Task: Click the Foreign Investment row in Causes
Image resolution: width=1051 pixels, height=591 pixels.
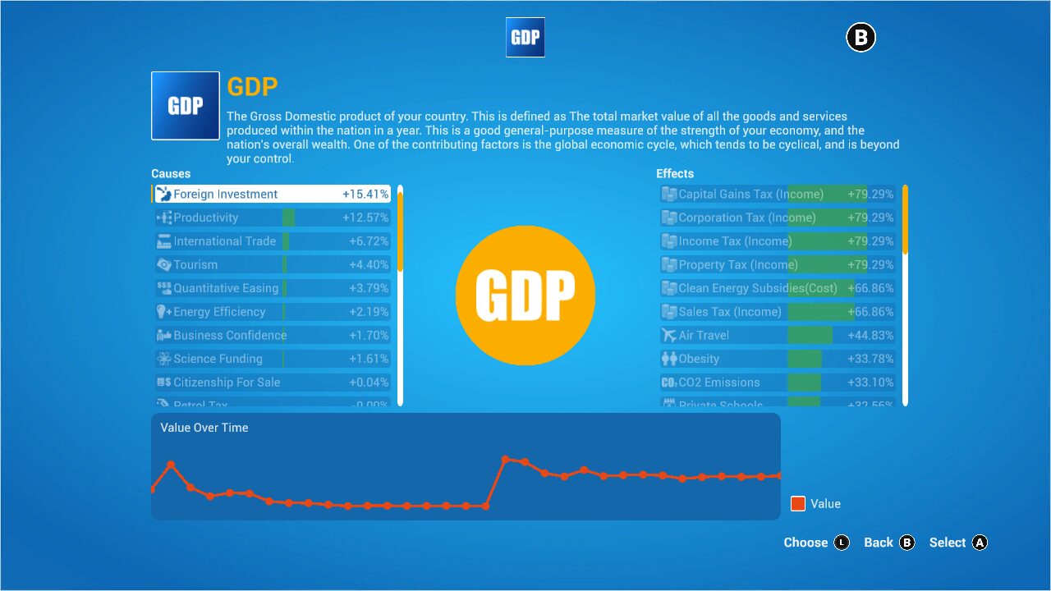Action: tap(271, 195)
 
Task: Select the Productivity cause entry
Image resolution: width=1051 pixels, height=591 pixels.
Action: tap(271, 218)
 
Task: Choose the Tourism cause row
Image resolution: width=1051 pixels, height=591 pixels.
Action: tap(271, 264)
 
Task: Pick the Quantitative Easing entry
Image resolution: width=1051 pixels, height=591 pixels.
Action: tap(271, 288)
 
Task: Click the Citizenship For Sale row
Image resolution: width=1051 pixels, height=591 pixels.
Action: tap(271, 383)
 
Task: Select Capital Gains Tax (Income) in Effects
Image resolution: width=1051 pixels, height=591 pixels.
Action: tap(777, 195)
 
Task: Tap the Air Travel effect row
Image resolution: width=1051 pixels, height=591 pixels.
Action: tap(777, 335)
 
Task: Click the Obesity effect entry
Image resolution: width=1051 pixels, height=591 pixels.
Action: tap(777, 359)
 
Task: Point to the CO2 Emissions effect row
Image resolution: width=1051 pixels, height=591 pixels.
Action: tap(777, 383)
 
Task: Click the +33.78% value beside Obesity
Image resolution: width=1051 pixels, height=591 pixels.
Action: tap(870, 359)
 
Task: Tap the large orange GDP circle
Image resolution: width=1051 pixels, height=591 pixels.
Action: tap(525, 295)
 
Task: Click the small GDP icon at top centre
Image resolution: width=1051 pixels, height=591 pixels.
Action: tap(525, 37)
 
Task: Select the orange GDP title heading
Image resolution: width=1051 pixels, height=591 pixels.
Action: tap(253, 87)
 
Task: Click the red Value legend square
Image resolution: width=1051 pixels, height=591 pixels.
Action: tap(798, 504)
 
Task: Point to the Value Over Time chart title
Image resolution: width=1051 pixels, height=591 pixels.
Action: tap(204, 428)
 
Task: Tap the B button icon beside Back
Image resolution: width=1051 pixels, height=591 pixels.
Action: tap(906, 543)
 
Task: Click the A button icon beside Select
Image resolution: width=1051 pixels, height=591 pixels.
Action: tap(980, 543)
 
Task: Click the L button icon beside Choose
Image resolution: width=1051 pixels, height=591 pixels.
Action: tap(842, 543)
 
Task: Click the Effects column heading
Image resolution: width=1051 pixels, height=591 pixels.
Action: tap(675, 173)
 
